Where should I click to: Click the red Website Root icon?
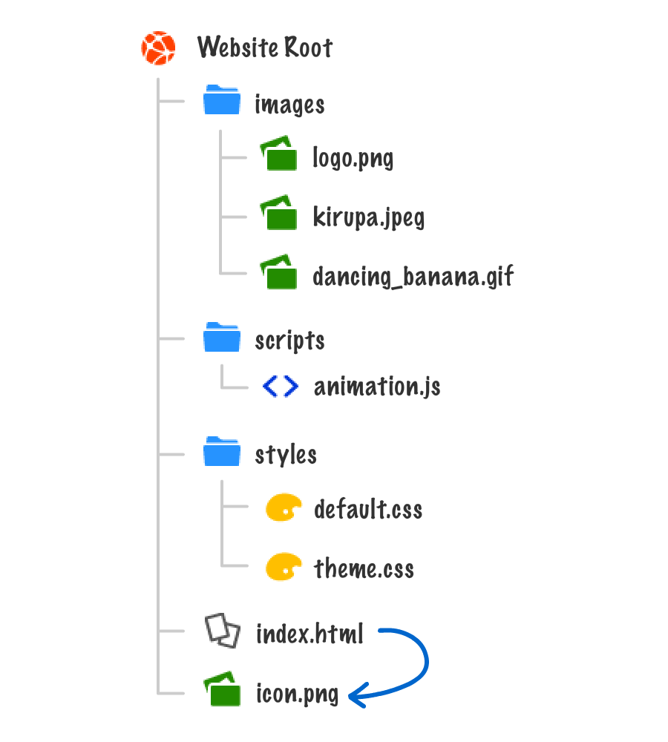tap(158, 48)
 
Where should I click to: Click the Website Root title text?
tap(264, 48)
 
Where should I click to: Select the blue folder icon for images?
tap(222, 100)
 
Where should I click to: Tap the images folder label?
tap(289, 105)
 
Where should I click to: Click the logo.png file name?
tap(353, 158)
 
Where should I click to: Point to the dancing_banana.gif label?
tap(413, 277)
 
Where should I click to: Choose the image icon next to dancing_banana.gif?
tap(278, 272)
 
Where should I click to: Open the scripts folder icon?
tap(222, 337)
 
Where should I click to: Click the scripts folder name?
tap(289, 341)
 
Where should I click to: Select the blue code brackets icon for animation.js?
tap(281, 386)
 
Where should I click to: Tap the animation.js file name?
tap(377, 387)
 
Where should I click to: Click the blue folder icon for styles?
tap(222, 451)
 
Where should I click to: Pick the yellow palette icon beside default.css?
tap(284, 508)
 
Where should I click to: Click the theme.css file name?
tap(364, 569)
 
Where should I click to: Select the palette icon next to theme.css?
tap(284, 568)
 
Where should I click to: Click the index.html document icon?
tap(223, 631)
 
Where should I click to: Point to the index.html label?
tap(310, 634)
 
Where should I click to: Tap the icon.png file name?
tap(297, 695)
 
